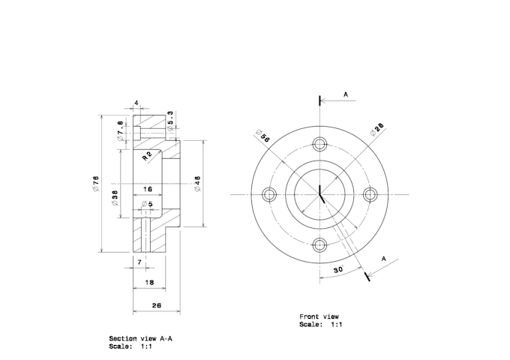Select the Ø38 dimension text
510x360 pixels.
coord(114,198)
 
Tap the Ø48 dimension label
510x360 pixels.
coord(197,184)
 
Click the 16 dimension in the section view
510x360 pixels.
coord(148,190)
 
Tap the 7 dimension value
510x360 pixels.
coord(139,262)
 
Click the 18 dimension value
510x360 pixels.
coord(149,283)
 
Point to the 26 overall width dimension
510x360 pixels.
coord(156,305)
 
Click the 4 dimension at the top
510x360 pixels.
coord(136,102)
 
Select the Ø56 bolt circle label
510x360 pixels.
coord(264,136)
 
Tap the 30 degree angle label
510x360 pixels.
coord(339,268)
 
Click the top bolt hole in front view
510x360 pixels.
coord(321,144)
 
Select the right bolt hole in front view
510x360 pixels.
coord(369,193)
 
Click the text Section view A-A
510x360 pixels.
coord(140,338)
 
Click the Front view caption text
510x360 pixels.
coord(319,316)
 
